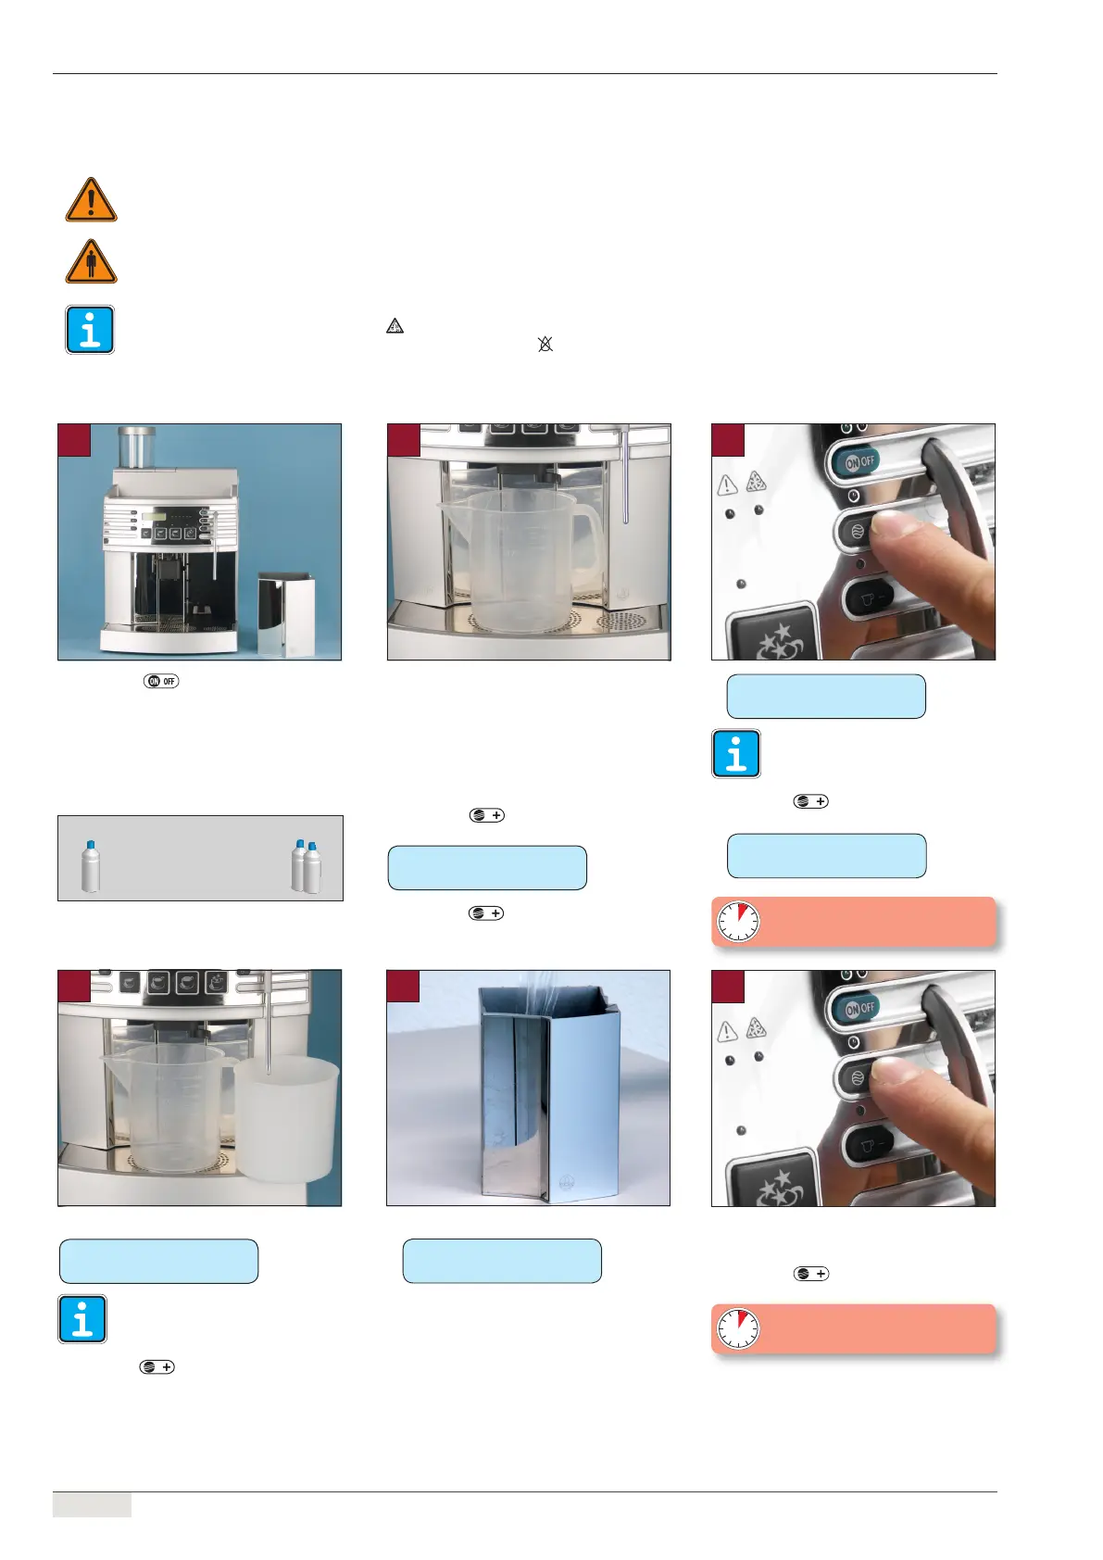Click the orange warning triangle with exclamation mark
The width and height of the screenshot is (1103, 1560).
point(91,200)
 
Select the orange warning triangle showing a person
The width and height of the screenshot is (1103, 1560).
point(91,262)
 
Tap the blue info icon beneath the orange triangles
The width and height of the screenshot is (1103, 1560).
point(90,330)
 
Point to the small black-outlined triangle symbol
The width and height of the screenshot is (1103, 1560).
point(395,325)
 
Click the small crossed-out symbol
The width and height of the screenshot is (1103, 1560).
point(545,344)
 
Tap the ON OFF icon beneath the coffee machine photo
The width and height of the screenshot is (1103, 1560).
point(161,681)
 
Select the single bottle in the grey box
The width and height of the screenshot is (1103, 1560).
point(91,865)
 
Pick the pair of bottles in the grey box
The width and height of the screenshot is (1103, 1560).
point(307,865)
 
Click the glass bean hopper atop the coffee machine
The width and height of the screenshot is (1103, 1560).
point(136,447)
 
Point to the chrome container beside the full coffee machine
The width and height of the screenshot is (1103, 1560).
point(285,614)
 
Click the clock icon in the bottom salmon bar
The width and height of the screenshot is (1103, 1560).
point(738,1328)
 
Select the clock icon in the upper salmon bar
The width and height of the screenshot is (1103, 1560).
point(738,922)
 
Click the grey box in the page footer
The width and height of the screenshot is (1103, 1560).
point(92,1505)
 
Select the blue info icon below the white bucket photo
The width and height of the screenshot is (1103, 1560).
point(82,1319)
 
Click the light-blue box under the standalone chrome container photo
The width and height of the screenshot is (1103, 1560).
point(502,1261)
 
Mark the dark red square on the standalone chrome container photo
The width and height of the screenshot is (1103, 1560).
point(403,987)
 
